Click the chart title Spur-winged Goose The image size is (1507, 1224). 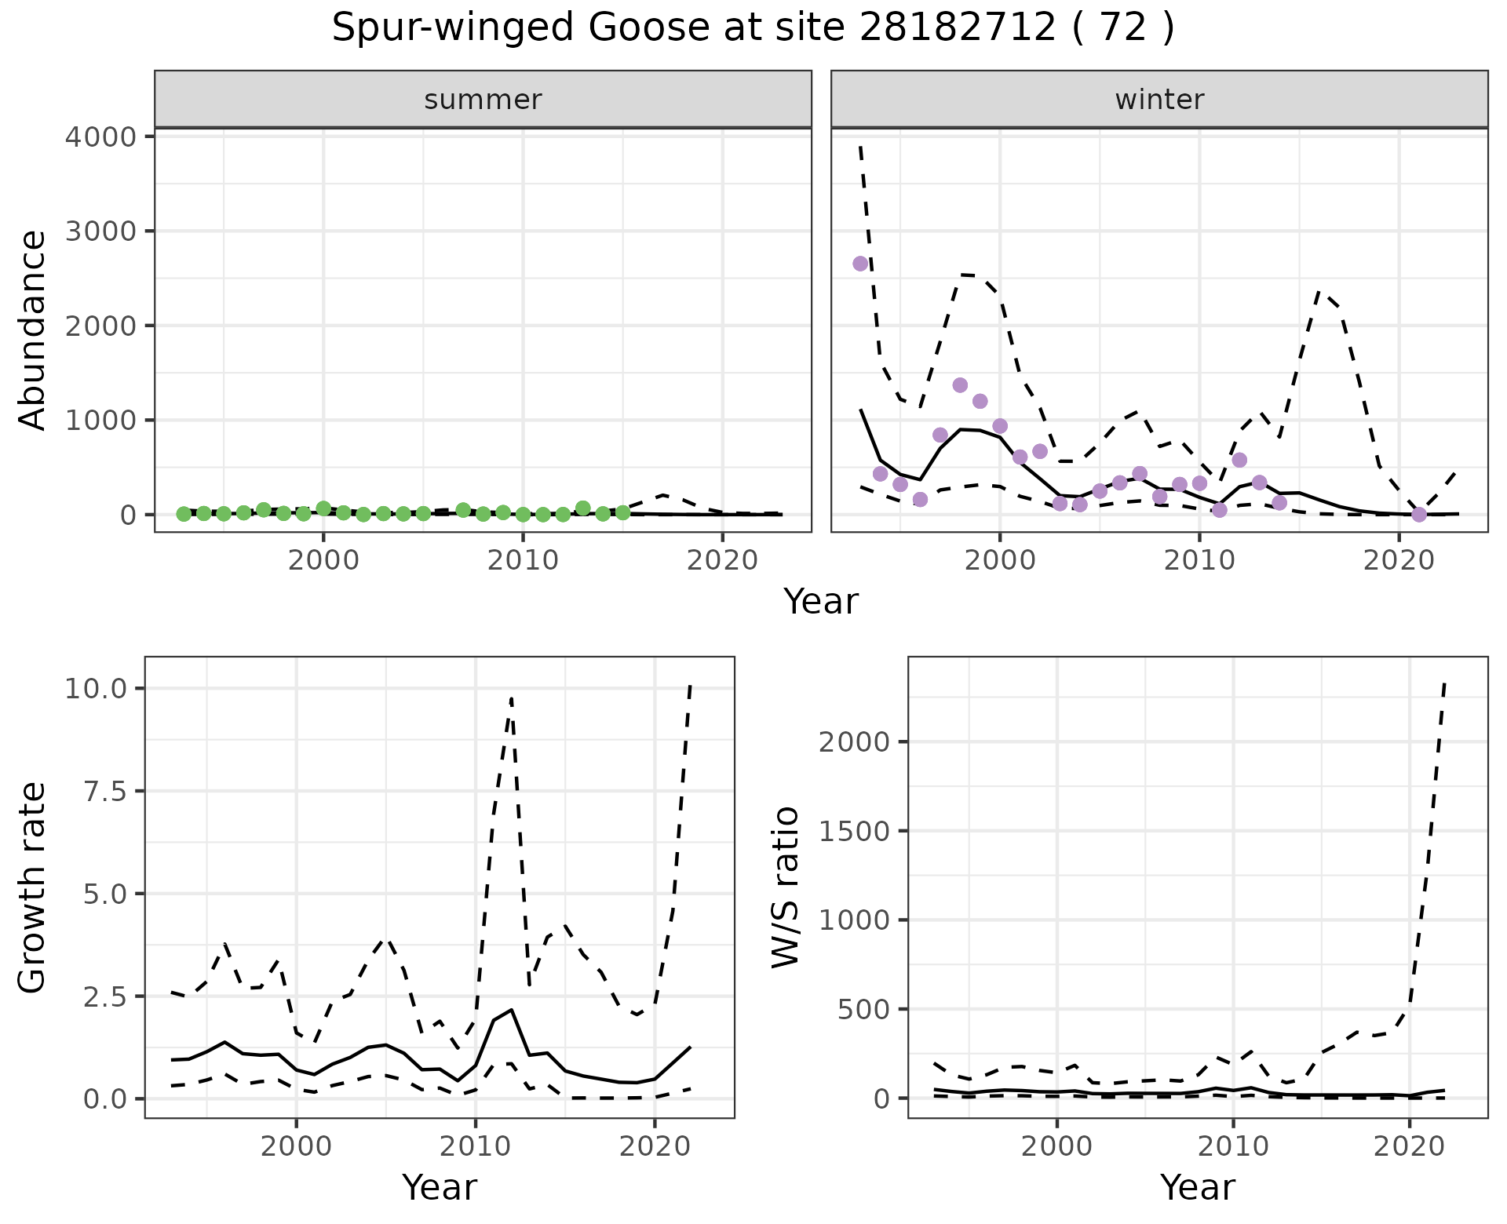click(x=752, y=28)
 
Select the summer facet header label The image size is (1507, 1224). click(x=483, y=100)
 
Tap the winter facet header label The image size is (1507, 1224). click(x=1159, y=100)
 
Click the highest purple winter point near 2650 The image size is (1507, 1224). click(x=860, y=264)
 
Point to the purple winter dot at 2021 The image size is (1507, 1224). click(x=1419, y=515)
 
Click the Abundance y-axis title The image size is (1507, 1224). click(x=33, y=330)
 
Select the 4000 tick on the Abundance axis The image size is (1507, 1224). click(x=100, y=137)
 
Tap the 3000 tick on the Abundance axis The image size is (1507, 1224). click(x=100, y=231)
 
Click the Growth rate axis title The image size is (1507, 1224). click(x=33, y=887)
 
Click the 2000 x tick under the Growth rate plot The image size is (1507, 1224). click(x=296, y=1146)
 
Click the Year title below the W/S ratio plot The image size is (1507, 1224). click(x=1197, y=1187)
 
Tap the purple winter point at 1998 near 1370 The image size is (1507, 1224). click(x=960, y=385)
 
